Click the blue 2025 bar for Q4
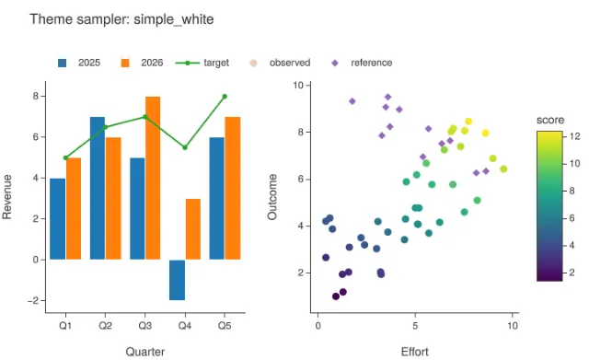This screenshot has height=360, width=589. pyautogui.click(x=177, y=280)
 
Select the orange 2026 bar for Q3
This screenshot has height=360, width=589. pyautogui.click(x=153, y=178)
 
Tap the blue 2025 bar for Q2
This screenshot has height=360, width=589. pyautogui.click(x=98, y=188)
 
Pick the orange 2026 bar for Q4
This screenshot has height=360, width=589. pyautogui.click(x=193, y=229)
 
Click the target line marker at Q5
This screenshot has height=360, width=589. pyautogui.click(x=225, y=97)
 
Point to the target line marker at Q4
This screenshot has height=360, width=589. pyautogui.click(x=185, y=147)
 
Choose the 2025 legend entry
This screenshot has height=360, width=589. pyautogui.click(x=79, y=63)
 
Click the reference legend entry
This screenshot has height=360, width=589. pyautogui.click(x=362, y=63)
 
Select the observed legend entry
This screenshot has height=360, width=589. pyautogui.click(x=280, y=63)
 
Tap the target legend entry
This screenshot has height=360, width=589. pyautogui.click(x=202, y=63)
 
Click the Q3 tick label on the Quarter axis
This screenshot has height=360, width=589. pyautogui.click(x=145, y=325)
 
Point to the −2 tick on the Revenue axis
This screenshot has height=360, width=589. pyautogui.click(x=33, y=301)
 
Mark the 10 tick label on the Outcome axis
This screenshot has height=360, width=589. pyautogui.click(x=298, y=86)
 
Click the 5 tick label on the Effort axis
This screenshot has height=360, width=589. pyautogui.click(x=415, y=325)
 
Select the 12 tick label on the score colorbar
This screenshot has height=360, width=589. pyautogui.click(x=574, y=136)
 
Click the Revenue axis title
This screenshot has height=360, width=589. pyautogui.click(x=7, y=196)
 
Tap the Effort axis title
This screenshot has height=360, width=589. pyautogui.click(x=415, y=352)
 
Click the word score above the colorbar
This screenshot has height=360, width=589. pyautogui.click(x=550, y=120)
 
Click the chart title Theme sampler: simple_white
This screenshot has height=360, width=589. pyautogui.click(x=121, y=19)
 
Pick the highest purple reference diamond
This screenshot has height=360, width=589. pyautogui.click(x=388, y=97)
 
